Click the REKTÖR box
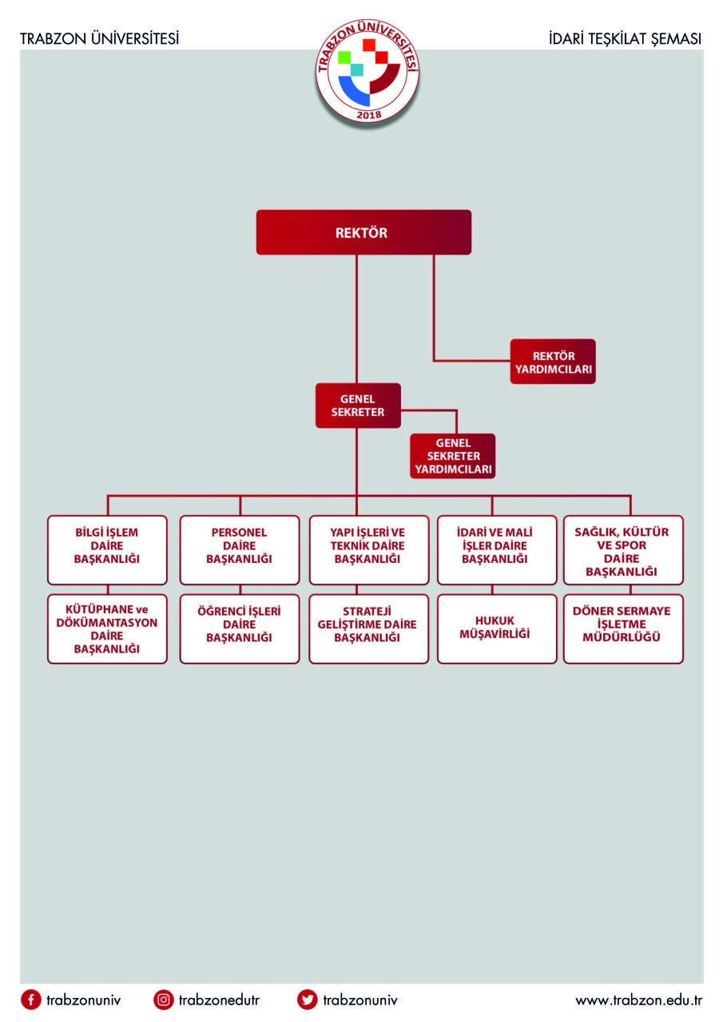[x=363, y=232]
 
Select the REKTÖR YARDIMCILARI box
[x=553, y=362]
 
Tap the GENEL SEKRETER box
[x=358, y=405]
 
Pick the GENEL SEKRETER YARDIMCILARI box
[x=452, y=456]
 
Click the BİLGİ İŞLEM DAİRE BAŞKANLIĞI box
[x=107, y=550]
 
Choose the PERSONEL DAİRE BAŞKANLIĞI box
[x=240, y=550]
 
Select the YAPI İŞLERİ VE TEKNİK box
[x=369, y=550]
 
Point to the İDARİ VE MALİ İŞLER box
[x=497, y=550]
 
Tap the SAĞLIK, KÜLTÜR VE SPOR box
[x=623, y=550]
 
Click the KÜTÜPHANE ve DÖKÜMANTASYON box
[x=107, y=628]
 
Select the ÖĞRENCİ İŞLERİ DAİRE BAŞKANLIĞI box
[x=240, y=628]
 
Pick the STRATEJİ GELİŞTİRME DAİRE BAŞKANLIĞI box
[x=369, y=628]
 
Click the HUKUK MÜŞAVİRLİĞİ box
[x=497, y=628]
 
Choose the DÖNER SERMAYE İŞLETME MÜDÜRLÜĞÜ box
[x=623, y=628]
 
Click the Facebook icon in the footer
[x=31, y=1000]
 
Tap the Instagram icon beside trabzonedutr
[x=164, y=1000]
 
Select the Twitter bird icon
[x=308, y=1000]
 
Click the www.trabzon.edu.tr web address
[x=638, y=1000]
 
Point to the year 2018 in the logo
[x=369, y=115]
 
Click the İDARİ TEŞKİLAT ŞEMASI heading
[x=625, y=38]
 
